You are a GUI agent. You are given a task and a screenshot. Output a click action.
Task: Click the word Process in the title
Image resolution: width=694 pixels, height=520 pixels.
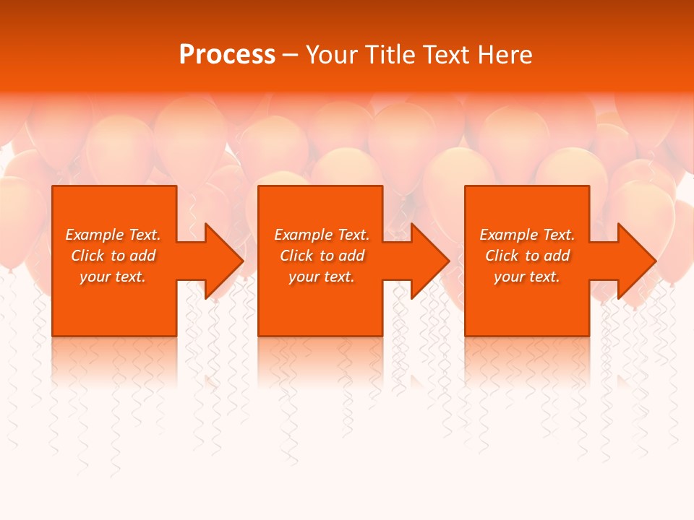tap(227, 55)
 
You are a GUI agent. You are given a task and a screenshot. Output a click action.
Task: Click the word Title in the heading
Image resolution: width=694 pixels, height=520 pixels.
tap(390, 55)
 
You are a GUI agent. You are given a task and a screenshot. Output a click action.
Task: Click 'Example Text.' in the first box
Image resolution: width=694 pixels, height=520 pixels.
tap(113, 235)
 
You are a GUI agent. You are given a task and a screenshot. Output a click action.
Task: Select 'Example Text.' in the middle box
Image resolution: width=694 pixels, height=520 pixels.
tap(322, 235)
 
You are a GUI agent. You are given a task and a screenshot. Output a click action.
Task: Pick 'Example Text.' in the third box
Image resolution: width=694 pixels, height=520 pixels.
tap(527, 235)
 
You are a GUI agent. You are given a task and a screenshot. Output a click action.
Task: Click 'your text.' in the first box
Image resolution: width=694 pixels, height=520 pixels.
tap(113, 277)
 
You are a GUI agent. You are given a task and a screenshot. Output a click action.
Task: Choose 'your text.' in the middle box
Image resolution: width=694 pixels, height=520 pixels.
tap(322, 277)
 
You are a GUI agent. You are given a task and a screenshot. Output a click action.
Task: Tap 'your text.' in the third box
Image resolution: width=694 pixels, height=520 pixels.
tap(527, 277)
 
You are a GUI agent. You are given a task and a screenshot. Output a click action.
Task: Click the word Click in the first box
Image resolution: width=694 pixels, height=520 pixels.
tap(87, 256)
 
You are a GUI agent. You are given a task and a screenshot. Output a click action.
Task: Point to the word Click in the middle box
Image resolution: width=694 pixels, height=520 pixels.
tap(296, 256)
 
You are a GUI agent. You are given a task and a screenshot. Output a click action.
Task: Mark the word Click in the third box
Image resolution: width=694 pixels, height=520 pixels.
tap(502, 256)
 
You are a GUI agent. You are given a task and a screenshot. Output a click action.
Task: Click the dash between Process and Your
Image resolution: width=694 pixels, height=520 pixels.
tap(290, 56)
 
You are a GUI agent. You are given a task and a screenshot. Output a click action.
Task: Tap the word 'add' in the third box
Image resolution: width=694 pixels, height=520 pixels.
tap(557, 256)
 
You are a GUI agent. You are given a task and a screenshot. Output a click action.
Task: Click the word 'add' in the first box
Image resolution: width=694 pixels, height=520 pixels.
tap(142, 256)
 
